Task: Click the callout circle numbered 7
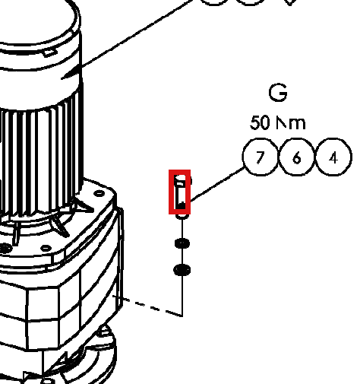pyautogui.click(x=261, y=157)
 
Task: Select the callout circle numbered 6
pyautogui.click(x=297, y=157)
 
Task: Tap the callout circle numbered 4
pyautogui.click(x=333, y=157)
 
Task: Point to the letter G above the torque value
pyautogui.click(x=278, y=92)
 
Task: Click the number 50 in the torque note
pyautogui.click(x=260, y=122)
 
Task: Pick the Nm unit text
pyautogui.click(x=291, y=123)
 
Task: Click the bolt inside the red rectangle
pyautogui.click(x=182, y=192)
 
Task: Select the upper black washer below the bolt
pyautogui.click(x=182, y=243)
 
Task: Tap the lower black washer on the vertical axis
pyautogui.click(x=182, y=270)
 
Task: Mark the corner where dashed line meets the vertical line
pyautogui.click(x=182, y=316)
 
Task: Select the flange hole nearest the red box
pyautogui.click(x=99, y=193)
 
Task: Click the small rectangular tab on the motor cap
pyautogui.click(x=49, y=52)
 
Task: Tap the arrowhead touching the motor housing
pyautogui.click(x=71, y=72)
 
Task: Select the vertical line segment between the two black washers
pyautogui.click(x=182, y=256)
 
